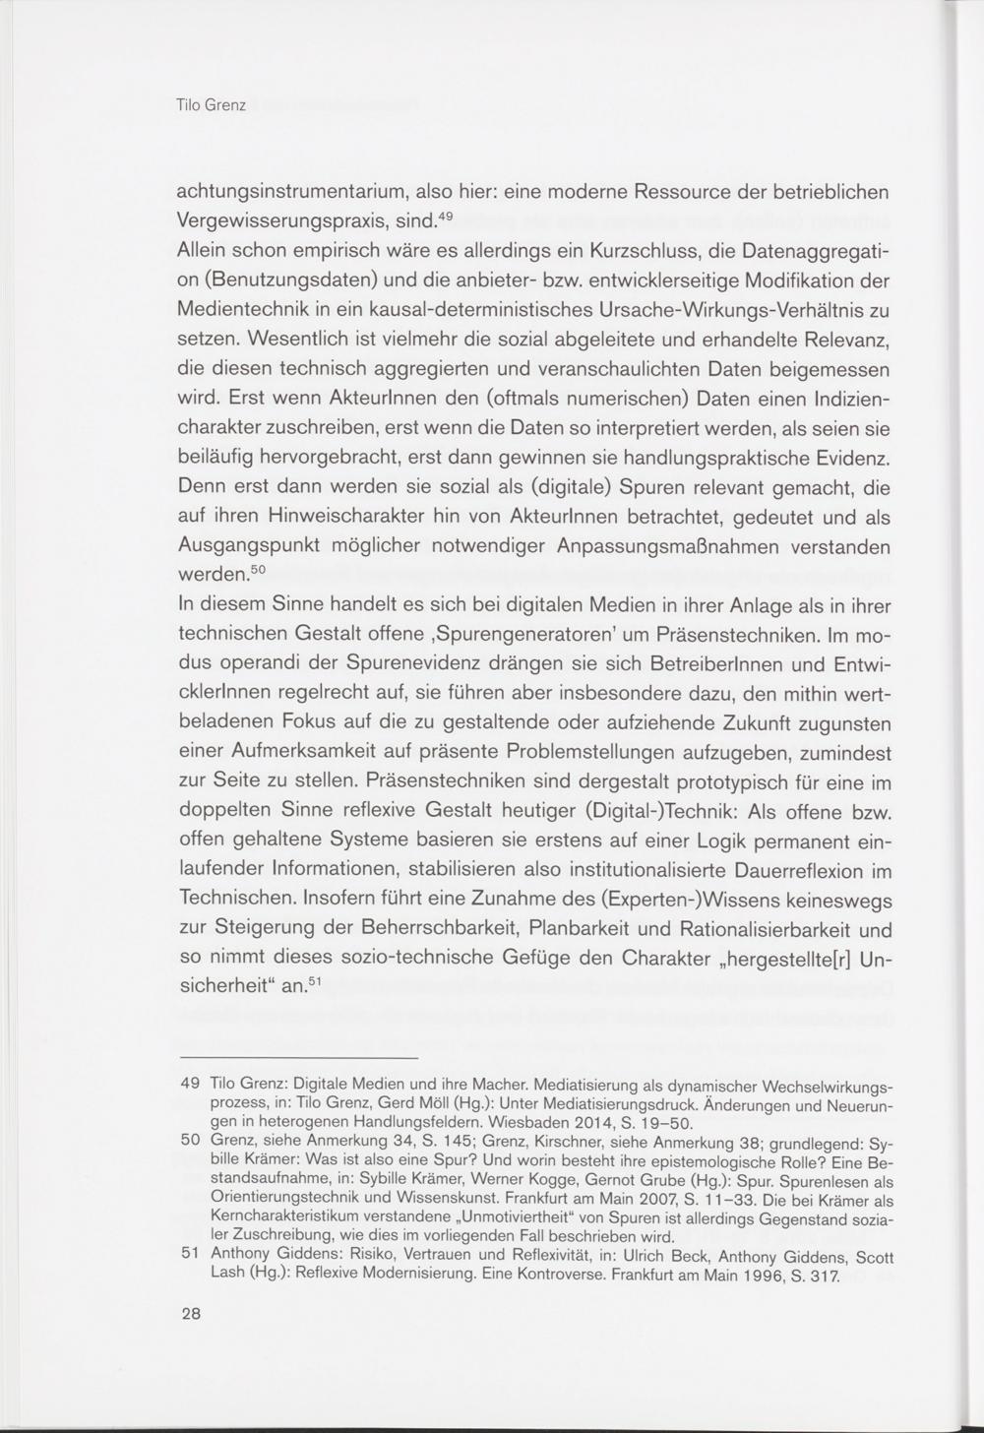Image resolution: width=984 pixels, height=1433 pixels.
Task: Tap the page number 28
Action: (190, 1314)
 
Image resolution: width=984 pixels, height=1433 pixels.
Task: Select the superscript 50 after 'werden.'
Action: (256, 569)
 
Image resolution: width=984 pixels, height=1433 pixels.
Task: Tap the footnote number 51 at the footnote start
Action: (191, 1256)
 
